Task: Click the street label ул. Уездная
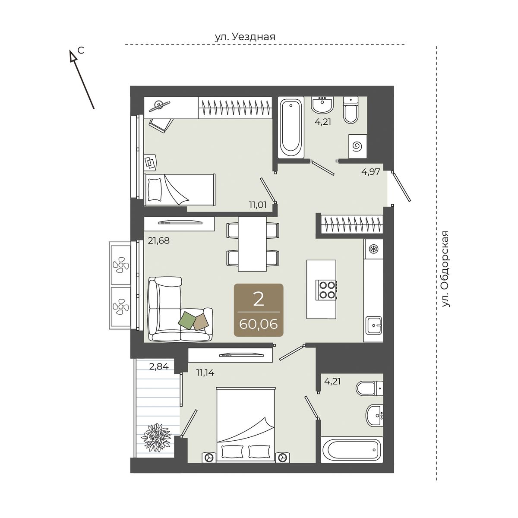[x=245, y=37]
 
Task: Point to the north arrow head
[x=73, y=56]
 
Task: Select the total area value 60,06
[x=258, y=325]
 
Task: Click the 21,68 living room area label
[x=158, y=240]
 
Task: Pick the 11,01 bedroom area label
[x=258, y=205]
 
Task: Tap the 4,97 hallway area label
[x=371, y=171]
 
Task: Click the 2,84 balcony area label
[x=159, y=366]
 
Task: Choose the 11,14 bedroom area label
[x=205, y=373]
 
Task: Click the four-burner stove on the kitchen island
[x=327, y=290]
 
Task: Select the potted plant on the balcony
[x=156, y=438]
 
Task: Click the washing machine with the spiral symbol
[x=358, y=146]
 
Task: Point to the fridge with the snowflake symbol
[x=373, y=249]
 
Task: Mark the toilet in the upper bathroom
[x=351, y=110]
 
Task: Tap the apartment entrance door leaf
[x=401, y=187]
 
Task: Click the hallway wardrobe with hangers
[x=352, y=224]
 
